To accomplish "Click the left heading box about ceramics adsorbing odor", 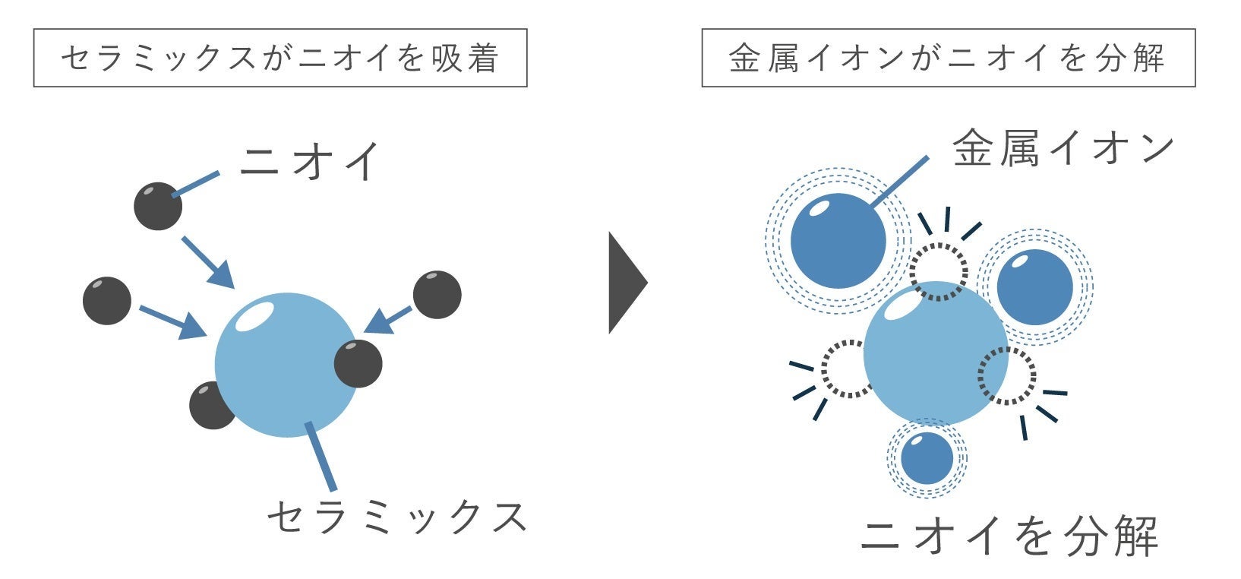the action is [279, 58].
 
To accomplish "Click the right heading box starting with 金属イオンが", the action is [948, 58].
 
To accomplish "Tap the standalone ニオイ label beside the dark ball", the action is [309, 161].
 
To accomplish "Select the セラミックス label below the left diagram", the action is [397, 517].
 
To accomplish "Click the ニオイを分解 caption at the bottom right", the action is [1010, 536].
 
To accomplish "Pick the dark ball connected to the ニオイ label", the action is [158, 206].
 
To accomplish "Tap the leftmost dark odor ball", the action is [107, 301].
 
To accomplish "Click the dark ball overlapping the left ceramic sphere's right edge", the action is [358, 363].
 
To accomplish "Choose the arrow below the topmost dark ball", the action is [207, 261].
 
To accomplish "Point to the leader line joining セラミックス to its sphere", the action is [320, 456].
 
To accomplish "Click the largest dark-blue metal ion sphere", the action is [838, 240].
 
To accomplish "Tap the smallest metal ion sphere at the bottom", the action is [927, 457].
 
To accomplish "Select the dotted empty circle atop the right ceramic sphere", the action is [939, 271].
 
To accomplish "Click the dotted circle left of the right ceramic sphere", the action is [847, 369].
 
